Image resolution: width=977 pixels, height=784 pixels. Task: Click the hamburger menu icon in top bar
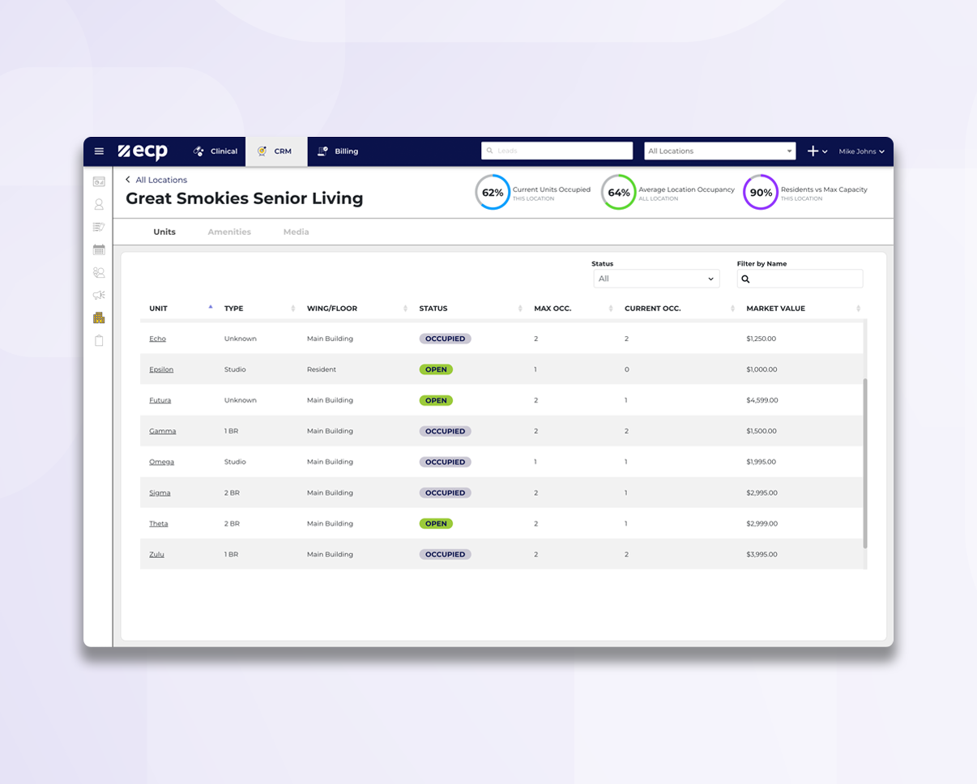[99, 151]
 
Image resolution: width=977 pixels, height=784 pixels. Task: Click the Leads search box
[557, 151]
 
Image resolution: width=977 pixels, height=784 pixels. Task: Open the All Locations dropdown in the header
[719, 151]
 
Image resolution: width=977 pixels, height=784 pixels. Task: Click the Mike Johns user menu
[861, 151]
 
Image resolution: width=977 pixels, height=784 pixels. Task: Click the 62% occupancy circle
[493, 193]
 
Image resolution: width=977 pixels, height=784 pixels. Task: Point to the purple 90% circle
[760, 193]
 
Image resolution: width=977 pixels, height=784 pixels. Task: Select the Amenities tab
[229, 232]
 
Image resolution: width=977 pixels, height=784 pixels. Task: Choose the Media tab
[296, 232]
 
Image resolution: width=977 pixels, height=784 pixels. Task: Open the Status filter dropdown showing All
[655, 279]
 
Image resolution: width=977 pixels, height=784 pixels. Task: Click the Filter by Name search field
[800, 279]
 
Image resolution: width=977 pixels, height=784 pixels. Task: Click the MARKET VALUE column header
[775, 309]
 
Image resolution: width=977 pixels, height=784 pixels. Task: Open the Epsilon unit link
[161, 369]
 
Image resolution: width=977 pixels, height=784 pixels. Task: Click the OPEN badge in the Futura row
[436, 400]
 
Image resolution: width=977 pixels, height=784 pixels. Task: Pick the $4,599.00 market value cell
[762, 400]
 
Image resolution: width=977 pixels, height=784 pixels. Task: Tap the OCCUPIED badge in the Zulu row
[445, 555]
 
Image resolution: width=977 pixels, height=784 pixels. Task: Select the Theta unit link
[159, 524]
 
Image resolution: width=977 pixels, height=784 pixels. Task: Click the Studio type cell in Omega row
[233, 462]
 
